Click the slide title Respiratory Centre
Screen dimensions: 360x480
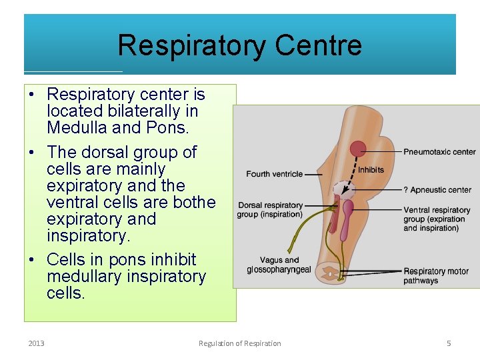coord(239,45)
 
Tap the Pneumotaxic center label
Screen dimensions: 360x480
coord(439,152)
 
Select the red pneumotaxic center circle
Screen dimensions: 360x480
coord(359,149)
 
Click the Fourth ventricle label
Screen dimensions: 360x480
coord(274,174)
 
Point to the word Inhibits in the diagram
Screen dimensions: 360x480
coord(371,169)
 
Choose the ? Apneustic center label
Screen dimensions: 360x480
coord(437,190)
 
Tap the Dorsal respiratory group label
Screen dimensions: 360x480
coord(269,209)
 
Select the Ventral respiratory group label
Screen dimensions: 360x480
coord(436,219)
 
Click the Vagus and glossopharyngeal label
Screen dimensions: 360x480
coord(279,265)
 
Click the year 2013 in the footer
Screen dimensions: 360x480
coord(37,343)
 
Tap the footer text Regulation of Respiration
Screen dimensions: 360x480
coord(239,343)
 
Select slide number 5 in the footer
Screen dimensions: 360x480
coord(449,343)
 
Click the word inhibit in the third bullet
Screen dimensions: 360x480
coord(175,259)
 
